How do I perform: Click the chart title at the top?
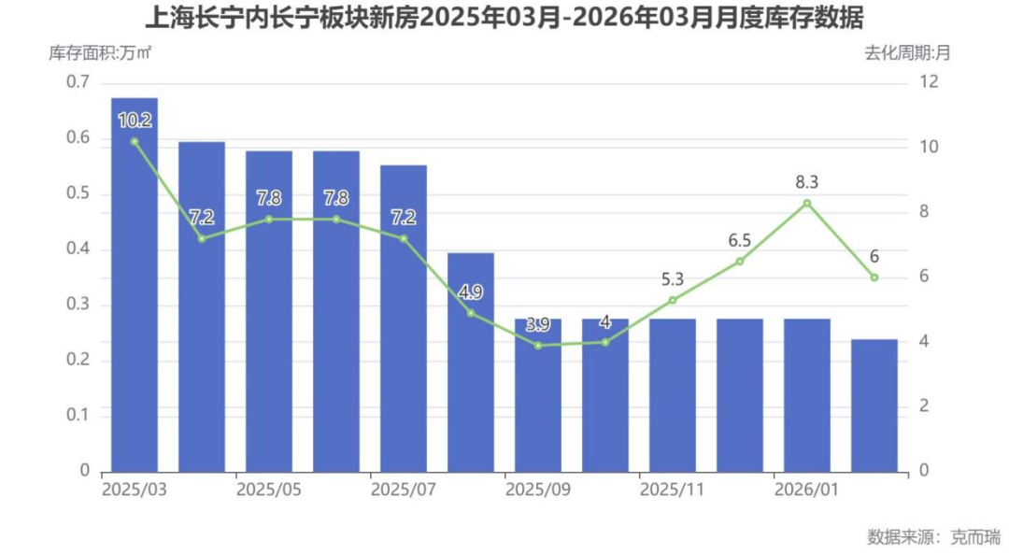[504, 18]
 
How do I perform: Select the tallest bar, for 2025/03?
[135, 285]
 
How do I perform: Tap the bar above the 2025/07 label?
[404, 318]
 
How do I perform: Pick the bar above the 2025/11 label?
[673, 394]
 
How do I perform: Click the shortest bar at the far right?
[874, 405]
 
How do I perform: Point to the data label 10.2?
[135, 120]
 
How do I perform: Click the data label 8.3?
[807, 181]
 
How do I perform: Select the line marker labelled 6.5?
[740, 262]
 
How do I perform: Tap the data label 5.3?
[673, 278]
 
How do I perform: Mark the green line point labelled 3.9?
[538, 346]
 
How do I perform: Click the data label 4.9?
[471, 292]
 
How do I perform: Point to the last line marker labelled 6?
[874, 277]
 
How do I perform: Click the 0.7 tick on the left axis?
[78, 82]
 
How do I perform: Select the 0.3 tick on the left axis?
[78, 305]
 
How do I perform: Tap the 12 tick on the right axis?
[929, 82]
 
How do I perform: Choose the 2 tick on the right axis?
[925, 406]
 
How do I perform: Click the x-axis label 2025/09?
[538, 490]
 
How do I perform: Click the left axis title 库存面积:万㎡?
[100, 52]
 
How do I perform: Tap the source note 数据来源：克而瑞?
[933, 536]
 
